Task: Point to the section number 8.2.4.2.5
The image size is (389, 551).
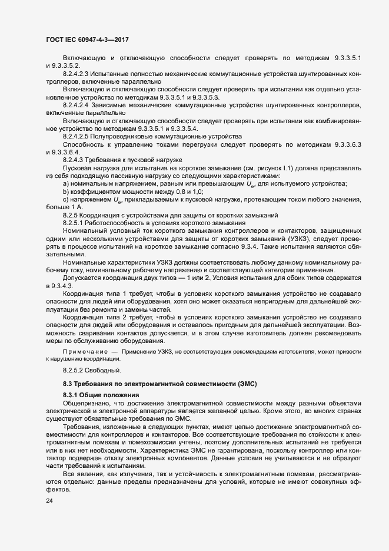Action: tap(77, 136)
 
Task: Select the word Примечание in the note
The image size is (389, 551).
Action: tap(83, 351)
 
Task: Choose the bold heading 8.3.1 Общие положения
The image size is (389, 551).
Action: tap(101, 395)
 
